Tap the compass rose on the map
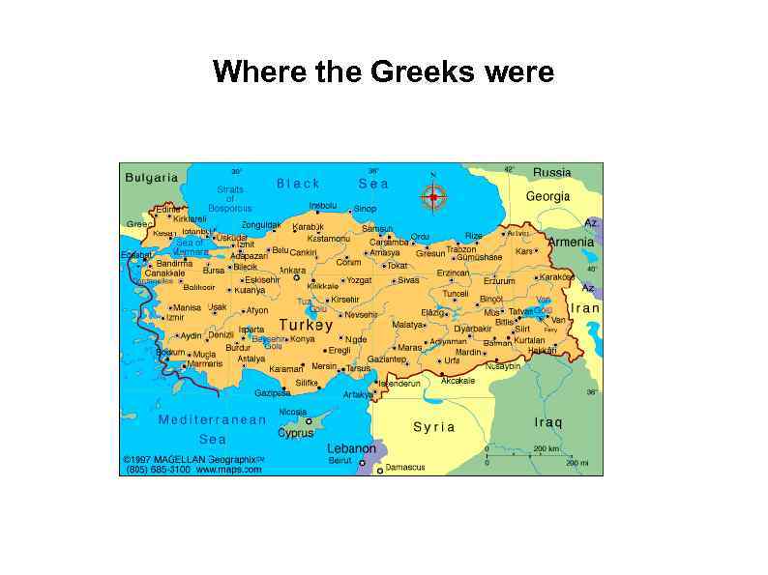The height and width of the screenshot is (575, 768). pyautogui.click(x=433, y=197)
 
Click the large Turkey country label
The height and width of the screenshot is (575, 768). pyautogui.click(x=307, y=326)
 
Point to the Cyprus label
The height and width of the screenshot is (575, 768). pyautogui.click(x=296, y=433)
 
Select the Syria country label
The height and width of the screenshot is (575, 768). pyautogui.click(x=433, y=426)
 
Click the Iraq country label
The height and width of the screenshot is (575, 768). pyautogui.click(x=547, y=422)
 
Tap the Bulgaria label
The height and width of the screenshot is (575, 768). pyautogui.click(x=152, y=178)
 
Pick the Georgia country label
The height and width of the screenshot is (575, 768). pyautogui.click(x=547, y=196)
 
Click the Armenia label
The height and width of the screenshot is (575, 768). pyautogui.click(x=571, y=242)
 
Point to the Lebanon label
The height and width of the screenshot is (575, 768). pyautogui.click(x=351, y=448)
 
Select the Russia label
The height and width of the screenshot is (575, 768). pyautogui.click(x=552, y=172)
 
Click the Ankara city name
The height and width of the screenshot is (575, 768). pyautogui.click(x=292, y=271)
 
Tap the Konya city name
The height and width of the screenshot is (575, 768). pyautogui.click(x=303, y=339)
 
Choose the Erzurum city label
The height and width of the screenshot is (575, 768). pyautogui.click(x=499, y=281)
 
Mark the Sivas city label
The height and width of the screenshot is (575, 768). pyautogui.click(x=408, y=280)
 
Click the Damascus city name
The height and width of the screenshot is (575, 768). pyautogui.click(x=405, y=468)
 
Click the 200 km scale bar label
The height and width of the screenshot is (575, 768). pyautogui.click(x=546, y=449)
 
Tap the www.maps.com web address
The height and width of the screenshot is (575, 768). pyautogui.click(x=229, y=470)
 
